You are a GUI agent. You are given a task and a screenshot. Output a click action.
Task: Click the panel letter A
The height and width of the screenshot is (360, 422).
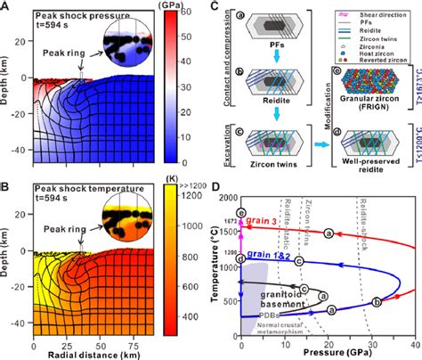6,7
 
